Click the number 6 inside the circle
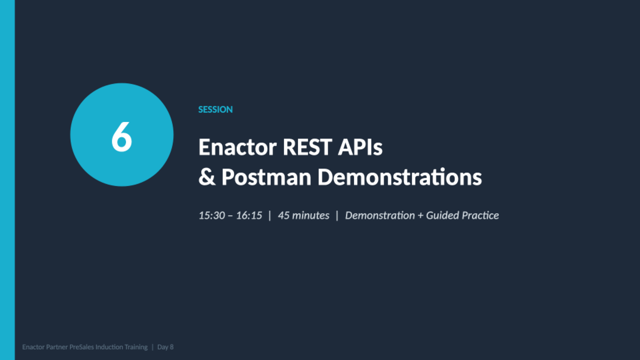122,136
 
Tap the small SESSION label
215,109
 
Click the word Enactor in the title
237,147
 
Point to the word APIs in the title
360,147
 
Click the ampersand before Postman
207,177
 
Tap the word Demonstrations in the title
399,177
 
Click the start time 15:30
212,215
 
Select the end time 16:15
249,215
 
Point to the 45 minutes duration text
303,215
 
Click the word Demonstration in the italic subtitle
380,215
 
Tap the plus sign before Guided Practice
420,216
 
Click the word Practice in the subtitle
480,215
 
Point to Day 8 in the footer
165,347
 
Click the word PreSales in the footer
82,347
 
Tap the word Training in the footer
136,347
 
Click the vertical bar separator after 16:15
270,215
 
